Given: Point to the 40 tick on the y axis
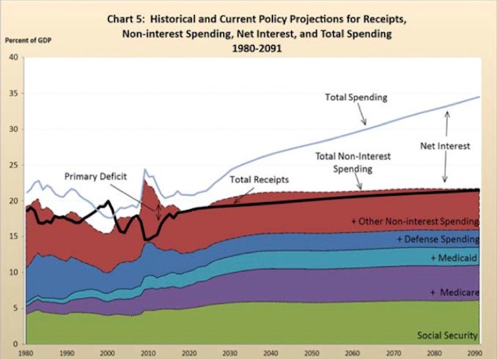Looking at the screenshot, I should [14, 58].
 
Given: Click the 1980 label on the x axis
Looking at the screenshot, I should [26, 351].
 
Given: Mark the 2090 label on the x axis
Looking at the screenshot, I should [473, 351].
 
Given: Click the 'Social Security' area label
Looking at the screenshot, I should [447, 336].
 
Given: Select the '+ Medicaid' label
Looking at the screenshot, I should [455, 259].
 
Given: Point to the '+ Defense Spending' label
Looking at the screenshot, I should [438, 239].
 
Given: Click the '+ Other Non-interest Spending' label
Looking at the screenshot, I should [414, 221].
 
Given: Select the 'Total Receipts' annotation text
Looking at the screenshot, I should [260, 180].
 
